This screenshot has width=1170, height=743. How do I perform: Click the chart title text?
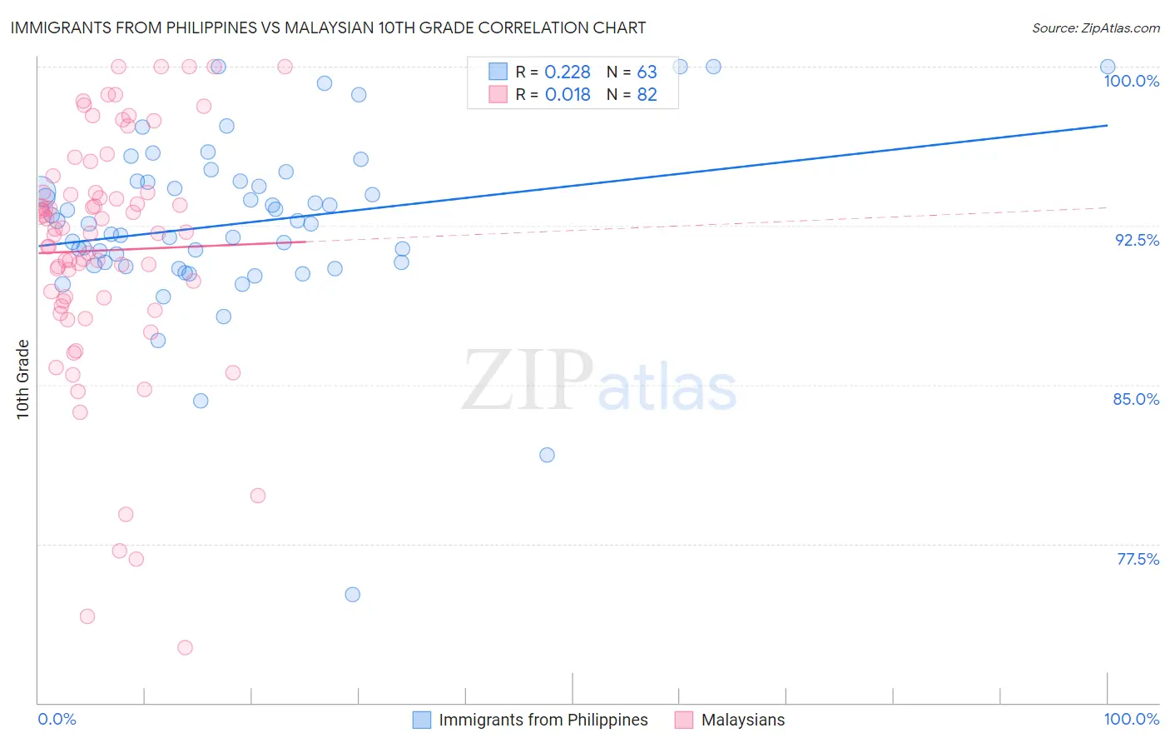[328, 27]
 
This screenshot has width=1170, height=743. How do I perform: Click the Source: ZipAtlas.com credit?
[1095, 27]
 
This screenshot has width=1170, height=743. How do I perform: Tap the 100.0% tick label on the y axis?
[1131, 81]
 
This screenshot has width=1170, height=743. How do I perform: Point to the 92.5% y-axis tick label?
[1137, 240]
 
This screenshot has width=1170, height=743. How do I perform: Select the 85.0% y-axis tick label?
[1136, 399]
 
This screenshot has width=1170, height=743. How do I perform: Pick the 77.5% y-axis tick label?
[1138, 559]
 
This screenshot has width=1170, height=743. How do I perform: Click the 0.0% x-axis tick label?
[57, 719]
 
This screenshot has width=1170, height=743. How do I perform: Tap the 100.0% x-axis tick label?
[1131, 719]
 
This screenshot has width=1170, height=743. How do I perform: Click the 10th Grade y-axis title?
[23, 379]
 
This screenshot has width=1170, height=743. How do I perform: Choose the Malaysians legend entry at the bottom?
[742, 720]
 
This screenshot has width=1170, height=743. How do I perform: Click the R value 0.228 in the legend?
[567, 72]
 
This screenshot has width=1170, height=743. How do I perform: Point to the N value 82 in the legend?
[647, 95]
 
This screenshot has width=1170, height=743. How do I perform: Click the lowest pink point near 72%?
[185, 647]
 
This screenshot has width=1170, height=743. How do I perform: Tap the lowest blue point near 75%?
[352, 594]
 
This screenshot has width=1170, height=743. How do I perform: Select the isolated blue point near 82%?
[547, 455]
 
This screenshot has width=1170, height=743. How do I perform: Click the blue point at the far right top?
[1108, 67]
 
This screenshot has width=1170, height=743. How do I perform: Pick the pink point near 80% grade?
[258, 496]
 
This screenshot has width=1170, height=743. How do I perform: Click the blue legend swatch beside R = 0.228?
[498, 72]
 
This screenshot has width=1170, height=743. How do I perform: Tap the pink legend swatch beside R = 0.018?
[498, 94]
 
